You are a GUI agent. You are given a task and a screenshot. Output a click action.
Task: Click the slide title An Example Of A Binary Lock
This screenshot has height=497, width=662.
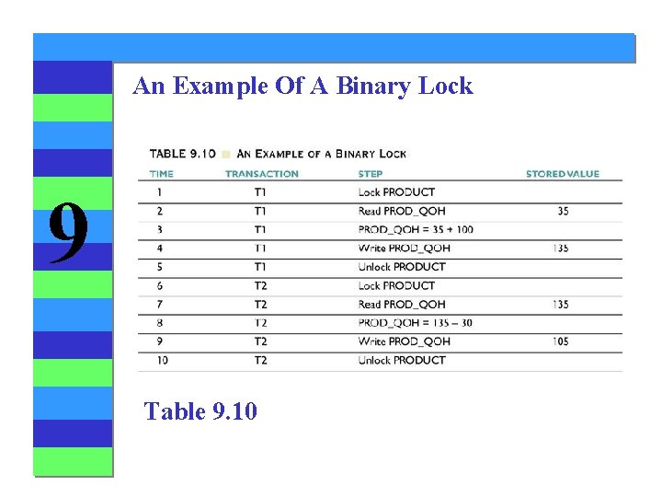click(x=302, y=87)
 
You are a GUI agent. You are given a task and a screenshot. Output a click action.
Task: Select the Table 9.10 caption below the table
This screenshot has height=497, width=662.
click(x=200, y=410)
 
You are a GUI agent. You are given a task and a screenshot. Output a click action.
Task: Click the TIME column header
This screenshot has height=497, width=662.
click(x=161, y=173)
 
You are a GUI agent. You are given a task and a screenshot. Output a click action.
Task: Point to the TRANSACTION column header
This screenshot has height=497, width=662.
click(x=262, y=173)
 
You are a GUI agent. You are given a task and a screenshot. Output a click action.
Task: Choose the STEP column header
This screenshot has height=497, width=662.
click(x=371, y=173)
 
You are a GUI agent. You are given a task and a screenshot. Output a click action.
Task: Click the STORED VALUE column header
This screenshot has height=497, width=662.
click(x=562, y=173)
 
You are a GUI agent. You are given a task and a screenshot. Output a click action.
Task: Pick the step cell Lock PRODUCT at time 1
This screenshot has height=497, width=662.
click(x=396, y=192)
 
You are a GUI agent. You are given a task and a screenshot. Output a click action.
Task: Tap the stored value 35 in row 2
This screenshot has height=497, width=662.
click(x=562, y=211)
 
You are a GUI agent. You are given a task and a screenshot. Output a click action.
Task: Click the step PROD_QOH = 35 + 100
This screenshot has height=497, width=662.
click(x=416, y=229)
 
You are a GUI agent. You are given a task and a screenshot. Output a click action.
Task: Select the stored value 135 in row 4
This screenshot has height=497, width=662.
click(x=561, y=248)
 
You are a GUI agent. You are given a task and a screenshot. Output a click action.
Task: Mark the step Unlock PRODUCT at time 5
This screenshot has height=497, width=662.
click(x=402, y=267)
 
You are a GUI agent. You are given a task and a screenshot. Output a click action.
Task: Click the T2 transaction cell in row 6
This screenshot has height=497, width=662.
click(x=261, y=285)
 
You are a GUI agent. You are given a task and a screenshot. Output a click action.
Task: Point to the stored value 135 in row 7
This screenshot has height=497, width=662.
click(x=561, y=304)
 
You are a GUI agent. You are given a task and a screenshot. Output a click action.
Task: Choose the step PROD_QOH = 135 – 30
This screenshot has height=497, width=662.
click(x=416, y=323)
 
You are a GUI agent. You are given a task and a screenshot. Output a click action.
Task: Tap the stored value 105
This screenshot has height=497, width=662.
click(x=561, y=341)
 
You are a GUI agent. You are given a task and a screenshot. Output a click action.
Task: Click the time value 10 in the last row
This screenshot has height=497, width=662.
click(x=162, y=360)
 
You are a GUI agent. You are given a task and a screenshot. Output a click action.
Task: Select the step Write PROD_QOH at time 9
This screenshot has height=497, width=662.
click(x=404, y=341)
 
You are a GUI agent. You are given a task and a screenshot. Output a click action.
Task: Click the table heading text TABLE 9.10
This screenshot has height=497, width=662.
click(x=182, y=154)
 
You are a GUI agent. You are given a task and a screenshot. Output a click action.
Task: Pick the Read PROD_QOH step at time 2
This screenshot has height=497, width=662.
click(x=402, y=211)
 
